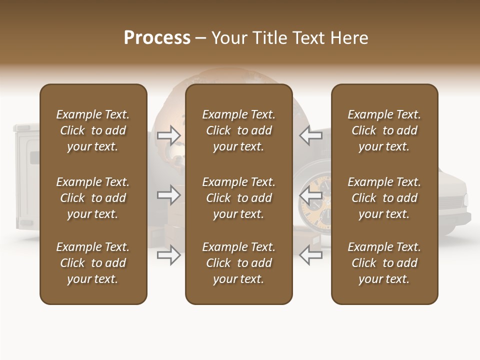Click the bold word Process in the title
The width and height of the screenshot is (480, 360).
pyautogui.click(x=157, y=38)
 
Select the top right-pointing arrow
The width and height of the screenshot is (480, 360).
pyautogui.click(x=169, y=135)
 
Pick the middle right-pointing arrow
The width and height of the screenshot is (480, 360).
pyautogui.click(x=169, y=195)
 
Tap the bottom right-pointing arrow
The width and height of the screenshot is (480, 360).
pyautogui.click(x=169, y=255)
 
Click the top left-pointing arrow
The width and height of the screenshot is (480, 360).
pyautogui.click(x=310, y=135)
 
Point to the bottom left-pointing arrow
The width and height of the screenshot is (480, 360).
pyautogui.click(x=310, y=255)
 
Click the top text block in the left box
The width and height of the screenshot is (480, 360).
pyautogui.click(x=93, y=130)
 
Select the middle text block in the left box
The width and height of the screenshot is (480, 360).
pyautogui.click(x=93, y=198)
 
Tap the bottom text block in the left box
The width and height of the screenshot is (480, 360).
pyautogui.click(x=93, y=263)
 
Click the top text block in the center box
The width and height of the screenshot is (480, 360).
pyautogui.click(x=238, y=130)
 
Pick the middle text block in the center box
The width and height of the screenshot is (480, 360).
pyautogui.click(x=238, y=198)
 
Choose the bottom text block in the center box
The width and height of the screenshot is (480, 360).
pyautogui.click(x=238, y=263)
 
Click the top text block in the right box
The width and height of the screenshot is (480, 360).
pyautogui.click(x=384, y=130)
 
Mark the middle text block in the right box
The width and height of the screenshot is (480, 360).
pyautogui.click(x=384, y=198)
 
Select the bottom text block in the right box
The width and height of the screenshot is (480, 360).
pyautogui.click(x=384, y=263)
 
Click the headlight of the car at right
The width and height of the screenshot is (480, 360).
pyautogui.click(x=465, y=200)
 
